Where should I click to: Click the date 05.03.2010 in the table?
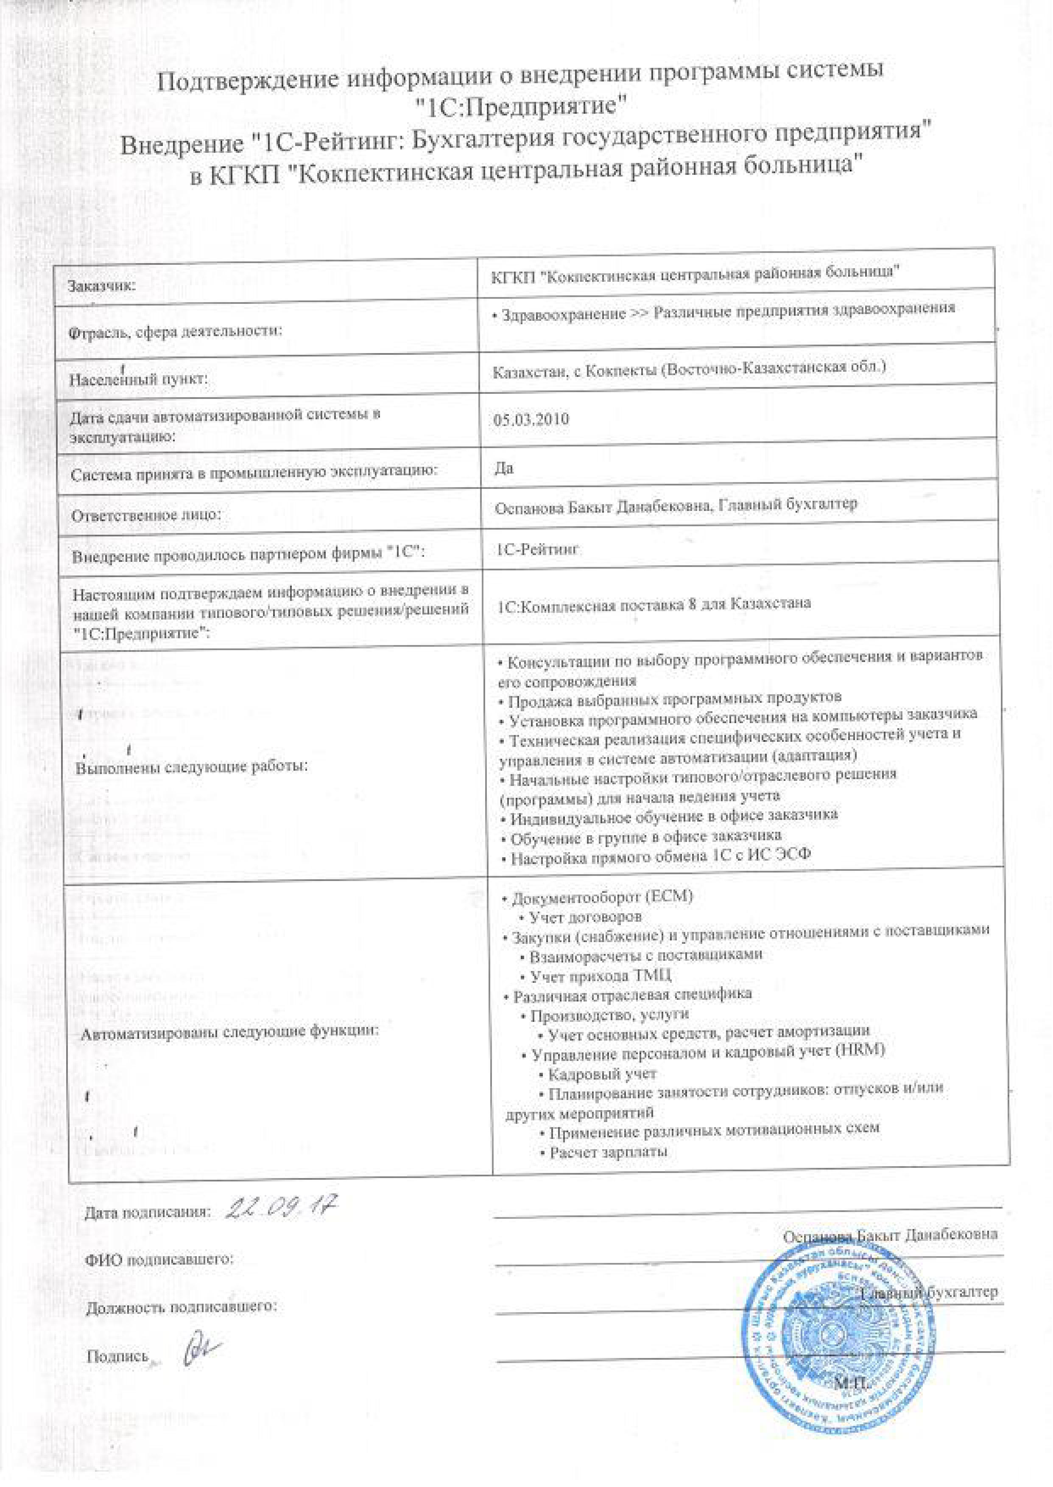coord(531,419)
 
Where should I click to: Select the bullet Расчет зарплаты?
coord(608,1152)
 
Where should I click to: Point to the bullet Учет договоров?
coord(585,917)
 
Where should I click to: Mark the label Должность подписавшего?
coord(181,1306)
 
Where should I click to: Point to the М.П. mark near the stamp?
coord(851,1383)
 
